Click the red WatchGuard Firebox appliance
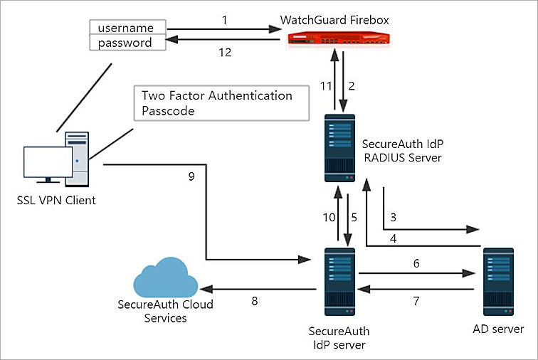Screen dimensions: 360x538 click(x=335, y=41)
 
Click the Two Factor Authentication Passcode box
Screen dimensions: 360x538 click(x=221, y=103)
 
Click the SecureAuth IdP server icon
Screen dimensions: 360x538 click(x=339, y=283)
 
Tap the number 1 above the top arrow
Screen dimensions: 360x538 click(x=224, y=21)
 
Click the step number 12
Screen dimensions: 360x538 click(x=224, y=52)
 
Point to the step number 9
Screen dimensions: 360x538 click(x=190, y=177)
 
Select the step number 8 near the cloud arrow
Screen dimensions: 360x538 click(x=254, y=301)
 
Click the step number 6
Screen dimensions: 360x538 click(x=416, y=263)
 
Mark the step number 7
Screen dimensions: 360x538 click(x=416, y=301)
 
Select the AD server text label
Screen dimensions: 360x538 click(x=498, y=329)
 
